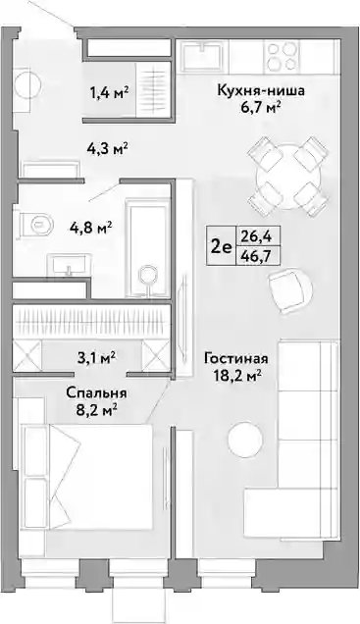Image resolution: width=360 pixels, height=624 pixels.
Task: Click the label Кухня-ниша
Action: click(x=261, y=90)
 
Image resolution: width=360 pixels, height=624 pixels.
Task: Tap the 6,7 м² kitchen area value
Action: click(x=261, y=108)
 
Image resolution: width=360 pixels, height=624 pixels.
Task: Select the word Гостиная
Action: click(x=235, y=358)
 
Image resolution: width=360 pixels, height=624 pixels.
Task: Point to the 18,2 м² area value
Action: click(x=235, y=375)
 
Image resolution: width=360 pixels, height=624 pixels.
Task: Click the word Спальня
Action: click(x=96, y=393)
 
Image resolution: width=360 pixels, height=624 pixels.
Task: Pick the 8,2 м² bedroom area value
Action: click(x=96, y=409)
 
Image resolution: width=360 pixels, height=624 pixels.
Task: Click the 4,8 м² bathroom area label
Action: click(x=90, y=229)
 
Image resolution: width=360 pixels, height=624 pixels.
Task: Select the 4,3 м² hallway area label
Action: click(x=107, y=148)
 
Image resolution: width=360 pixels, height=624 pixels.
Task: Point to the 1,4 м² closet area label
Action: click(x=109, y=93)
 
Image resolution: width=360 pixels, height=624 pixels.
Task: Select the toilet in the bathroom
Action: click(x=36, y=224)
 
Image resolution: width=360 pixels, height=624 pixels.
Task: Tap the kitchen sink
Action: click(x=204, y=55)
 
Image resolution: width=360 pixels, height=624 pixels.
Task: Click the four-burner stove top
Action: click(x=283, y=56)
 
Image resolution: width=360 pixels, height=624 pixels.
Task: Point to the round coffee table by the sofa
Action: click(x=245, y=440)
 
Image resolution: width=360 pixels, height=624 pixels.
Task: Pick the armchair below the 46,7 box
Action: click(x=290, y=292)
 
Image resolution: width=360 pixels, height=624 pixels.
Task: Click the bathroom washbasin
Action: click(x=69, y=265)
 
